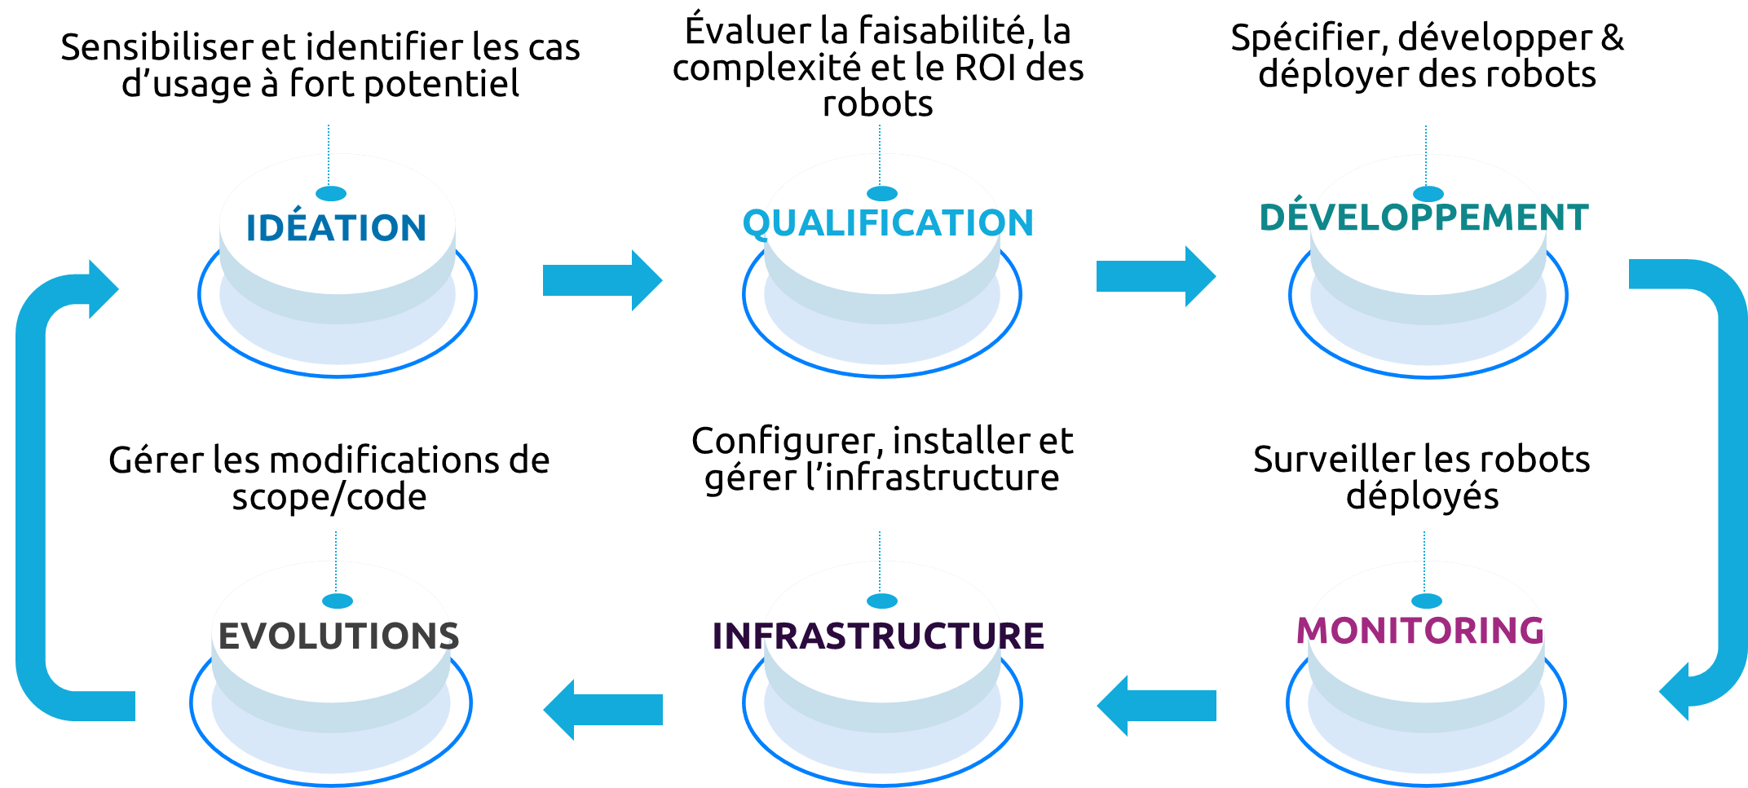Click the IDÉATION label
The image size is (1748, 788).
click(336, 228)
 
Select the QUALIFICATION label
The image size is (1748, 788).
click(888, 223)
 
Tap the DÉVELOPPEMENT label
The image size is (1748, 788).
click(1424, 218)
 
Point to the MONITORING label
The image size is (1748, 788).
click(1421, 631)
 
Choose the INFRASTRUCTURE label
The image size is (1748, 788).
click(878, 636)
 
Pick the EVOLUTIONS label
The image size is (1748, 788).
click(338, 636)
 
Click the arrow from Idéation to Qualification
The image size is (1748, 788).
click(602, 280)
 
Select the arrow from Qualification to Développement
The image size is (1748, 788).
click(1155, 276)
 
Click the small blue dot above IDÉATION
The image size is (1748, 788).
click(331, 194)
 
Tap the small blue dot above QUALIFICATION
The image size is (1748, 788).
click(882, 194)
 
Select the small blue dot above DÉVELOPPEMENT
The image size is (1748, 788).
click(1428, 194)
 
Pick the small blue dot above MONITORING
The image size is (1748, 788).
click(1427, 601)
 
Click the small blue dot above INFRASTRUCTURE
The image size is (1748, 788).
click(882, 601)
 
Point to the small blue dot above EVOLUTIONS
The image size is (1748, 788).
click(338, 601)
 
